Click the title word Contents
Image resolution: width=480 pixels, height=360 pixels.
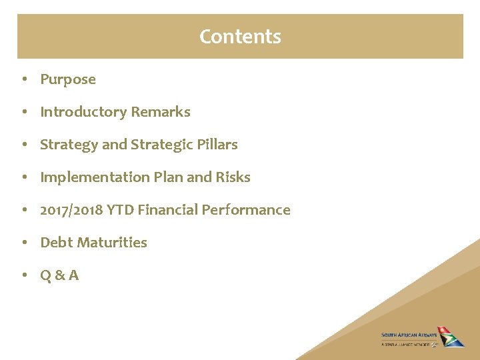pyautogui.click(x=240, y=36)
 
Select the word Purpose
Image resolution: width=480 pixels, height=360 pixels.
pyautogui.click(x=68, y=79)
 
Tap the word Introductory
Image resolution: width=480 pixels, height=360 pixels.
pyautogui.click(x=83, y=112)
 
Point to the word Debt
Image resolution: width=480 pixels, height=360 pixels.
pyautogui.click(x=55, y=243)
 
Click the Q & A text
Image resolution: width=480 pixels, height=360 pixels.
pyautogui.click(x=59, y=275)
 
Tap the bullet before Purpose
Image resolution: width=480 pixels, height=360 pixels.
pyautogui.click(x=23, y=79)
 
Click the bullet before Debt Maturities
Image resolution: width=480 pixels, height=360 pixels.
pyautogui.click(x=23, y=243)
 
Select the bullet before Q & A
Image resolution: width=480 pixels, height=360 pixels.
pyautogui.click(x=23, y=275)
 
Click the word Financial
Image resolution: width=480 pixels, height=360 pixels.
pyautogui.click(x=173, y=210)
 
